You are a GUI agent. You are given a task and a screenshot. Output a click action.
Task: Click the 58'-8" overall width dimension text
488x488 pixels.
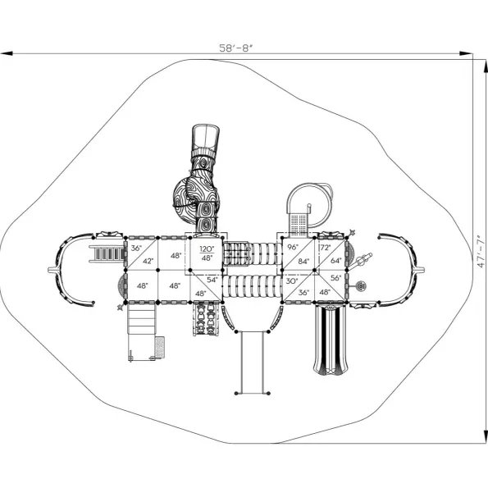pyautogui.click(x=235, y=48)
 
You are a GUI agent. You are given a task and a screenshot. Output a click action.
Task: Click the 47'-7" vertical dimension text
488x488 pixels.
pyautogui.click(x=481, y=252)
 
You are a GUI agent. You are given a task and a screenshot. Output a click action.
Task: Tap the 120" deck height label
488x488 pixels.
pyautogui.click(x=207, y=249)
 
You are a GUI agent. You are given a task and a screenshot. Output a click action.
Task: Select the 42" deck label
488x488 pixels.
pyautogui.click(x=148, y=261)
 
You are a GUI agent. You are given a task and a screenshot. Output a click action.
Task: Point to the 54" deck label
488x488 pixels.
pyautogui.click(x=212, y=280)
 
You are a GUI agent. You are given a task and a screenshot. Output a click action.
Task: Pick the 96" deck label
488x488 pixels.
pyautogui.click(x=293, y=247)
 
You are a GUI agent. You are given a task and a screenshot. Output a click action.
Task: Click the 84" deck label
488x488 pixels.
pyautogui.click(x=303, y=262)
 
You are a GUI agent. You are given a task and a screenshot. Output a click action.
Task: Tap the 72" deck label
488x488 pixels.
pyautogui.click(x=326, y=248)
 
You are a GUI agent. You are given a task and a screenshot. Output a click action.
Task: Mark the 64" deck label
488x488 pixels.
pyautogui.click(x=335, y=261)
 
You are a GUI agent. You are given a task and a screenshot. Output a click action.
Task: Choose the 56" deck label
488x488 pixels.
pyautogui.click(x=335, y=278)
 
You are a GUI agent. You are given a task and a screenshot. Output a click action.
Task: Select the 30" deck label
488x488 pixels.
pyautogui.click(x=292, y=281)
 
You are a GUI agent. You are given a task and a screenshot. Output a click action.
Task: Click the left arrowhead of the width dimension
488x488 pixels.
pyautogui.click(x=7, y=53)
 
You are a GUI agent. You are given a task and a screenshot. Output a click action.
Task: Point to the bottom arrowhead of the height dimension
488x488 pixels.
pyautogui.click(x=486, y=436)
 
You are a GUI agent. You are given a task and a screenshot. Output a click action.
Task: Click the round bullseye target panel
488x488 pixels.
pyautogui.click(x=361, y=285)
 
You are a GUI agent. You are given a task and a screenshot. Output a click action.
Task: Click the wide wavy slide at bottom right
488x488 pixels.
pyautogui.click(x=331, y=340)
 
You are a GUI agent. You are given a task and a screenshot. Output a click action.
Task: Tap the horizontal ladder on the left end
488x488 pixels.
pyautogui.click(x=106, y=253)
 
